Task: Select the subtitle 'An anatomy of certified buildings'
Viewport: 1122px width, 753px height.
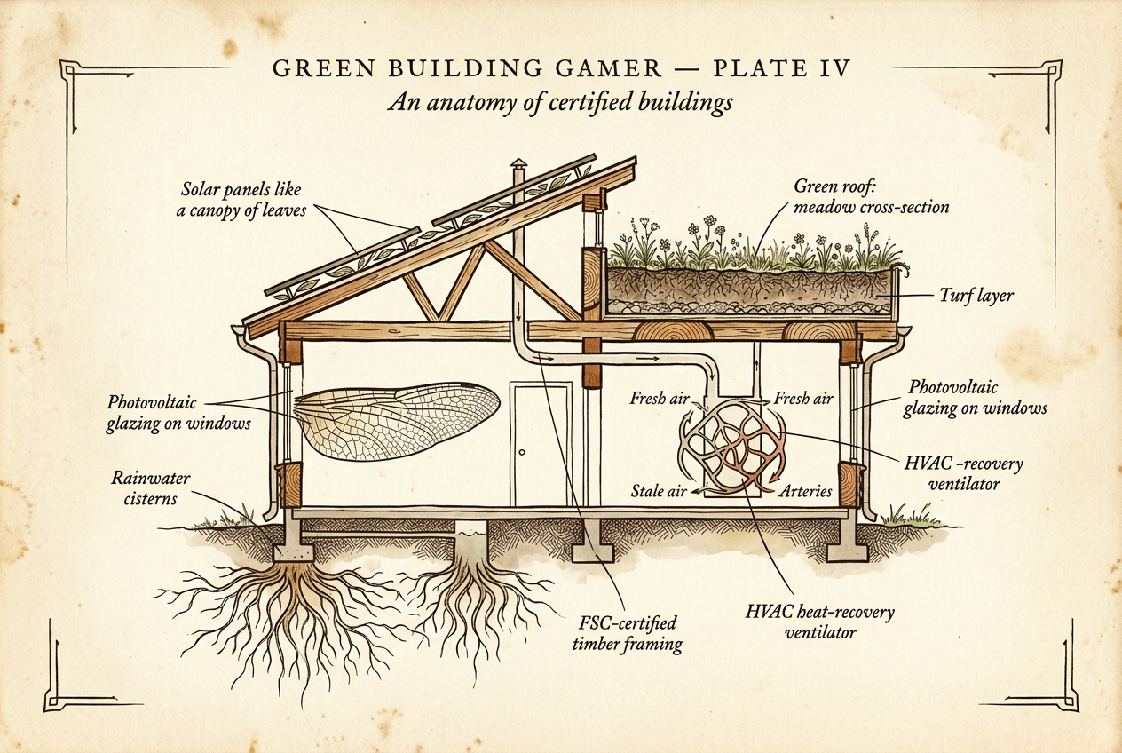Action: (x=560, y=102)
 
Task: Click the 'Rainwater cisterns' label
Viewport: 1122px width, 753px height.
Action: (x=144, y=487)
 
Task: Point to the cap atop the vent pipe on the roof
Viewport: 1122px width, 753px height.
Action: (x=519, y=166)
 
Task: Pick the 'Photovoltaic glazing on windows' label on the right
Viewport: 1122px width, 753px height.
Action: (x=976, y=399)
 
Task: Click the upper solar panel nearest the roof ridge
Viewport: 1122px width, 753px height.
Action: (x=514, y=194)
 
